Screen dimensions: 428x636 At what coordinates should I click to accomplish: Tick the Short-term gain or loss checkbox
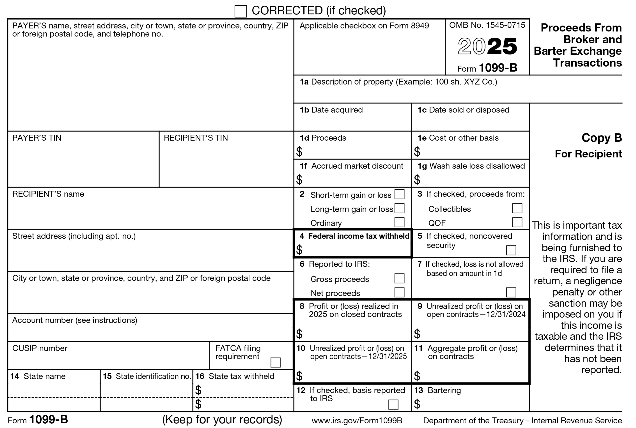tap(399, 194)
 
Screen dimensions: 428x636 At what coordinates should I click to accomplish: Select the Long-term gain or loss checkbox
tap(399, 208)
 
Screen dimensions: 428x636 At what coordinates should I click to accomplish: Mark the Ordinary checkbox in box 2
tap(399, 222)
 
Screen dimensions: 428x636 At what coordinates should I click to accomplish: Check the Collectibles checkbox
tap(517, 208)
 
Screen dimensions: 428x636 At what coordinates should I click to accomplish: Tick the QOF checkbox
tap(517, 222)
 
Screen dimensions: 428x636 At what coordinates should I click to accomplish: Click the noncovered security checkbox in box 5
tap(511, 250)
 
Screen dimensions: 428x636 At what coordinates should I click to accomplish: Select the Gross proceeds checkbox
tap(399, 278)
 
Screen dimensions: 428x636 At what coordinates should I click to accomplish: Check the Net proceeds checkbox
tap(399, 292)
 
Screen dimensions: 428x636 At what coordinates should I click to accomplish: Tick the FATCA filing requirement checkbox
tap(275, 362)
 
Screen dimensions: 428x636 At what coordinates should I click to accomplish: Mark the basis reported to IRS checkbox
tap(393, 404)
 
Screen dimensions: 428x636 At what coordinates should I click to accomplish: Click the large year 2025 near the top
tap(487, 46)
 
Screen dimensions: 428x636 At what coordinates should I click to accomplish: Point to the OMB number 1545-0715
tap(487, 25)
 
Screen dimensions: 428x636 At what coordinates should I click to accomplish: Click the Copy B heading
tap(602, 138)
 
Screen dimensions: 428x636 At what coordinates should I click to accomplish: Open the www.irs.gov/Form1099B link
tap(357, 421)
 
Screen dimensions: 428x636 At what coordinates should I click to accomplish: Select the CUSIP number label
tap(40, 348)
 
